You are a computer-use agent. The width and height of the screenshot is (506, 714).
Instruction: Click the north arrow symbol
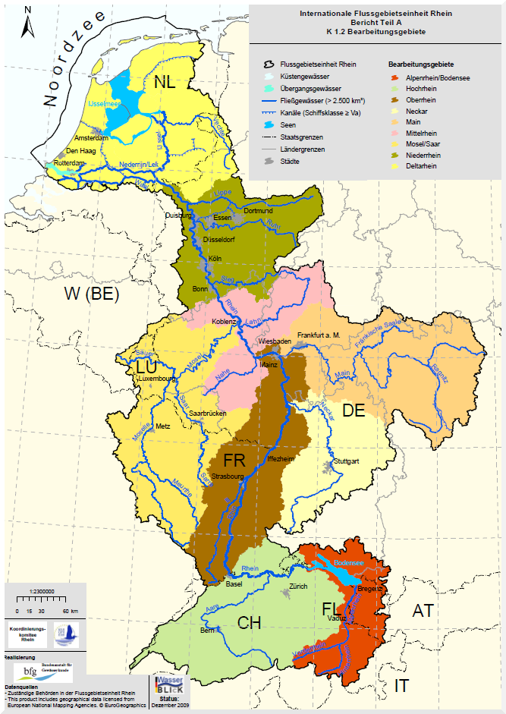(27, 23)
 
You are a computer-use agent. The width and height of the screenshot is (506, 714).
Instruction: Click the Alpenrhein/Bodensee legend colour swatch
(394, 77)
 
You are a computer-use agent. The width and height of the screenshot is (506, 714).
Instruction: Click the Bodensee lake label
(349, 562)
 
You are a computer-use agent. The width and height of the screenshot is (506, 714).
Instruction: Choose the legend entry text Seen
(288, 126)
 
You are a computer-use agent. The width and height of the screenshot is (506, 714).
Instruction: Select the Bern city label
(208, 631)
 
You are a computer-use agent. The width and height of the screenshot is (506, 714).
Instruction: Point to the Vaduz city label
(337, 618)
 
